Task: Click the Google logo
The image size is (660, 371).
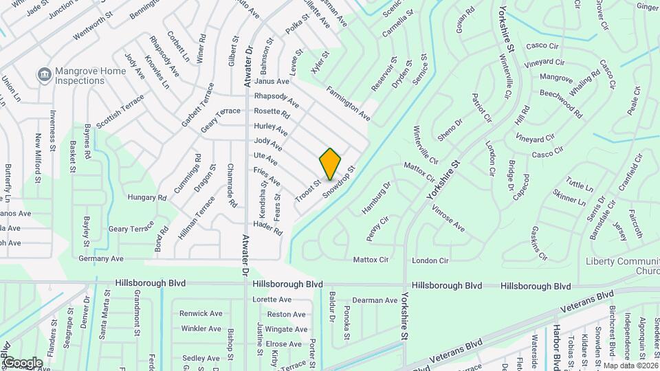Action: point(22,363)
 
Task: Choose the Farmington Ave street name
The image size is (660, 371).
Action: point(348,103)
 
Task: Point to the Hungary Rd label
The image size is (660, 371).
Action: point(147,198)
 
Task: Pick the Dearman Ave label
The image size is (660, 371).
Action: point(375,300)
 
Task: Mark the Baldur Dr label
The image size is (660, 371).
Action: point(331,308)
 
